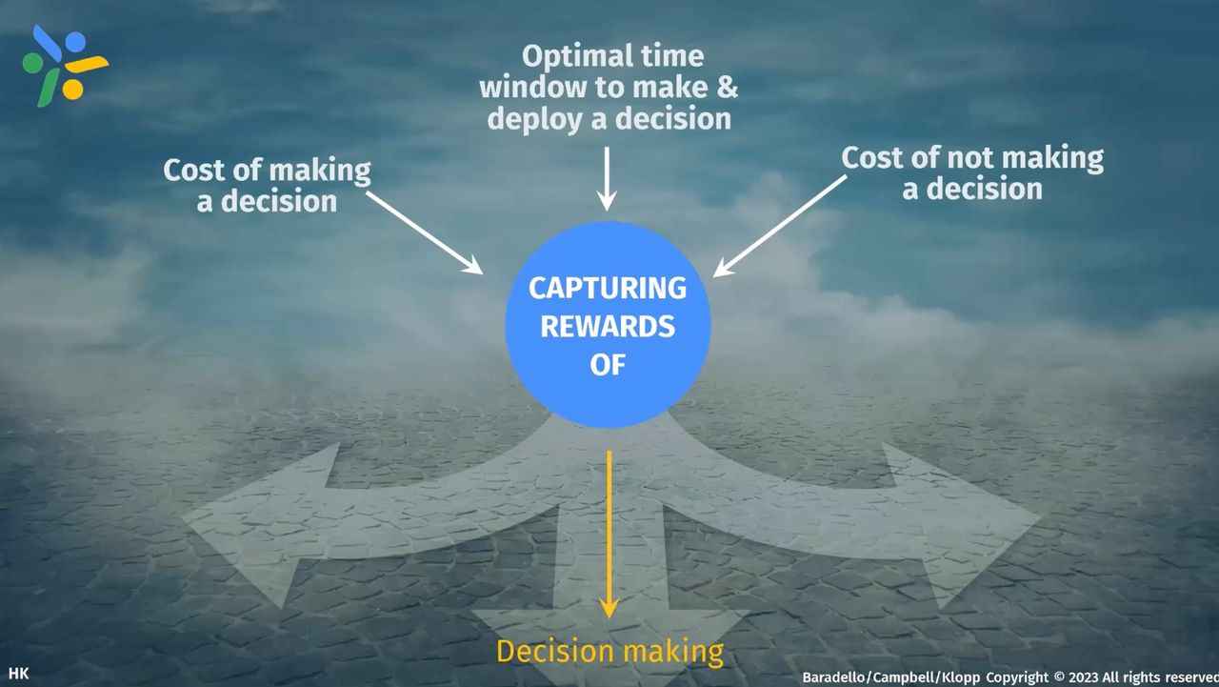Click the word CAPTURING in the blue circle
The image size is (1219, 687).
pyautogui.click(x=608, y=288)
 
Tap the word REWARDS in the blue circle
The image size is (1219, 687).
pyautogui.click(x=608, y=326)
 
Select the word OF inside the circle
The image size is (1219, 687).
pyautogui.click(x=608, y=364)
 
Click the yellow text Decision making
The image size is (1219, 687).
pyautogui.click(x=609, y=652)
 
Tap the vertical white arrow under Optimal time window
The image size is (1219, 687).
pyautogui.click(x=607, y=177)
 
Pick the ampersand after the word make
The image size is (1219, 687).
pyautogui.click(x=727, y=88)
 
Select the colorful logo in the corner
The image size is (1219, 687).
pyautogui.click(x=63, y=65)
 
